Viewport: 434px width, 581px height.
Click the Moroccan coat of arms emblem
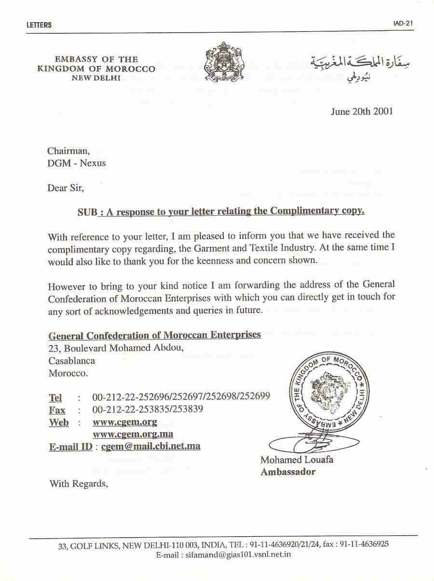(x=224, y=62)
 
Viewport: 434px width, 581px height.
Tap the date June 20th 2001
(x=362, y=111)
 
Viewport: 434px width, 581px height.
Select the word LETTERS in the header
(x=39, y=25)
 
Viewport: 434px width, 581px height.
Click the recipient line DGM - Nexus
(x=76, y=163)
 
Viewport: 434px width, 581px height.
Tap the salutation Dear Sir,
(x=66, y=188)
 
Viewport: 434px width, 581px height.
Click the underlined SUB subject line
(x=221, y=211)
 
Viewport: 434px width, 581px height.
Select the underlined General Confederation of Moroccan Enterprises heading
(x=155, y=335)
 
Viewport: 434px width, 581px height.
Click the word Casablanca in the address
(x=72, y=360)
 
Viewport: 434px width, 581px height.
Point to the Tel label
(x=55, y=398)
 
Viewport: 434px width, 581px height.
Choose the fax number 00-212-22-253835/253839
(x=148, y=409)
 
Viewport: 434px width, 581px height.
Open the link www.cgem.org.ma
(x=133, y=434)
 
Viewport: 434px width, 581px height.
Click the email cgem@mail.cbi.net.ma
(x=151, y=446)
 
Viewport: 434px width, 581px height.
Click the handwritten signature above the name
(x=313, y=441)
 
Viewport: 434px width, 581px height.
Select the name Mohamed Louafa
(x=297, y=460)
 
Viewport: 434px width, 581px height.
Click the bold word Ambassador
(x=288, y=472)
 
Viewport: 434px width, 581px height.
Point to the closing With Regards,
(x=78, y=484)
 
